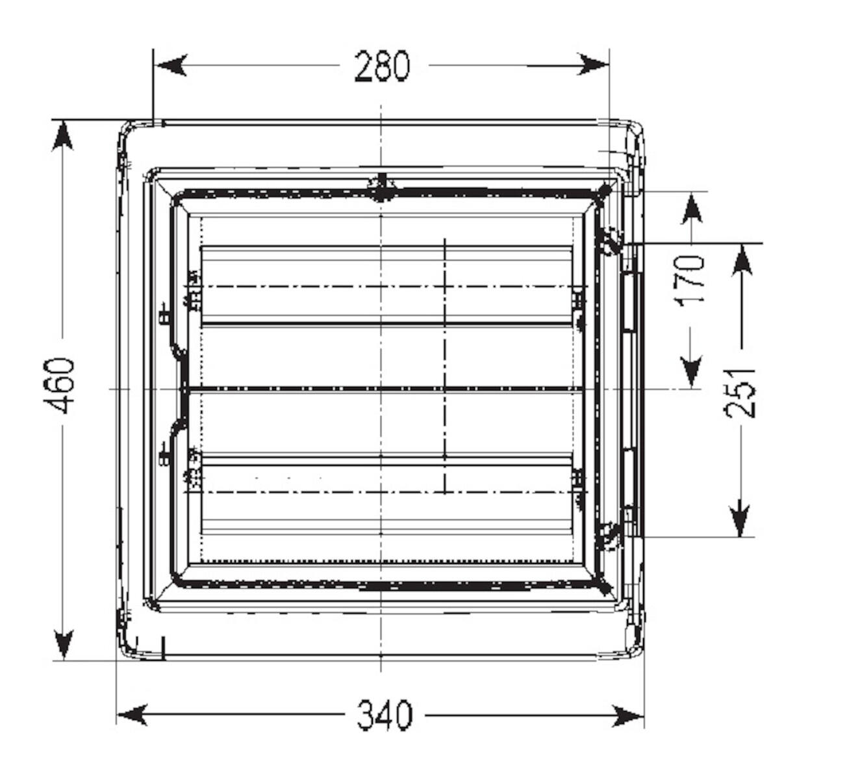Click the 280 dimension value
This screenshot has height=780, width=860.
click(382, 66)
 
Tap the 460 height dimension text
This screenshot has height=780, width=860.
click(59, 385)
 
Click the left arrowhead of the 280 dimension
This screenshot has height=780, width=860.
click(170, 65)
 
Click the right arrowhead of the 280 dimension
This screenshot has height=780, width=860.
click(593, 64)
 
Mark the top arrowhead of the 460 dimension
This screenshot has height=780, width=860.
click(62, 136)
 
